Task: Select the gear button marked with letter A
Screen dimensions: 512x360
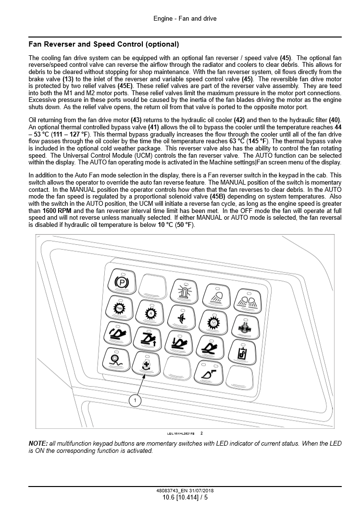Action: point(150,313)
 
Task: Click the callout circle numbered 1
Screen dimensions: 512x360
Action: point(135,400)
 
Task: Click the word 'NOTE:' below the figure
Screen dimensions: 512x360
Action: point(38,443)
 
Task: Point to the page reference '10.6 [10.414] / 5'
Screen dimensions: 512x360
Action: point(185,498)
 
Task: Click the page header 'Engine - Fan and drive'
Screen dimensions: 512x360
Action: point(185,19)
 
